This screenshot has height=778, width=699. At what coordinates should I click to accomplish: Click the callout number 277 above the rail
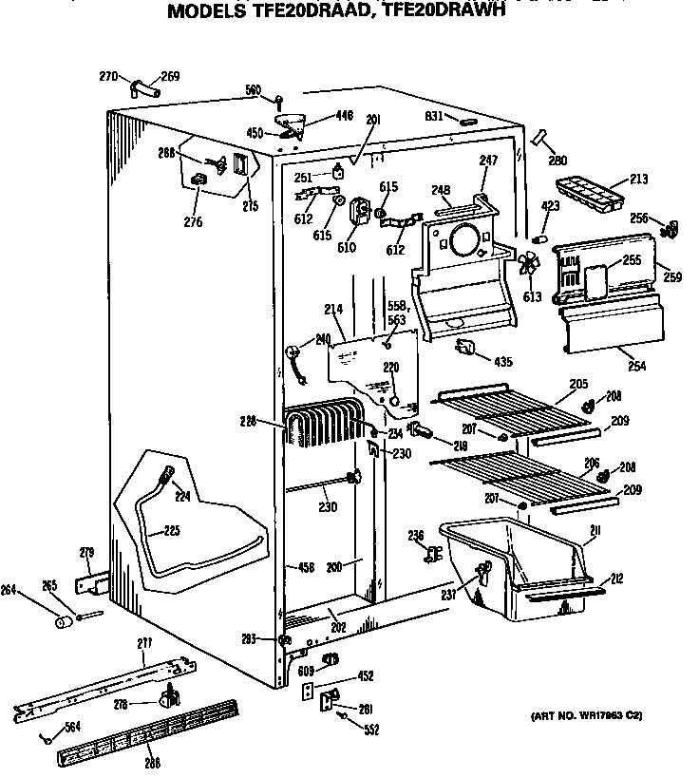click(144, 645)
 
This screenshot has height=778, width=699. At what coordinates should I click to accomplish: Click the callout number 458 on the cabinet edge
click(305, 567)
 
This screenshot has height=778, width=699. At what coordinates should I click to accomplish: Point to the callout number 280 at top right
click(557, 160)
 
